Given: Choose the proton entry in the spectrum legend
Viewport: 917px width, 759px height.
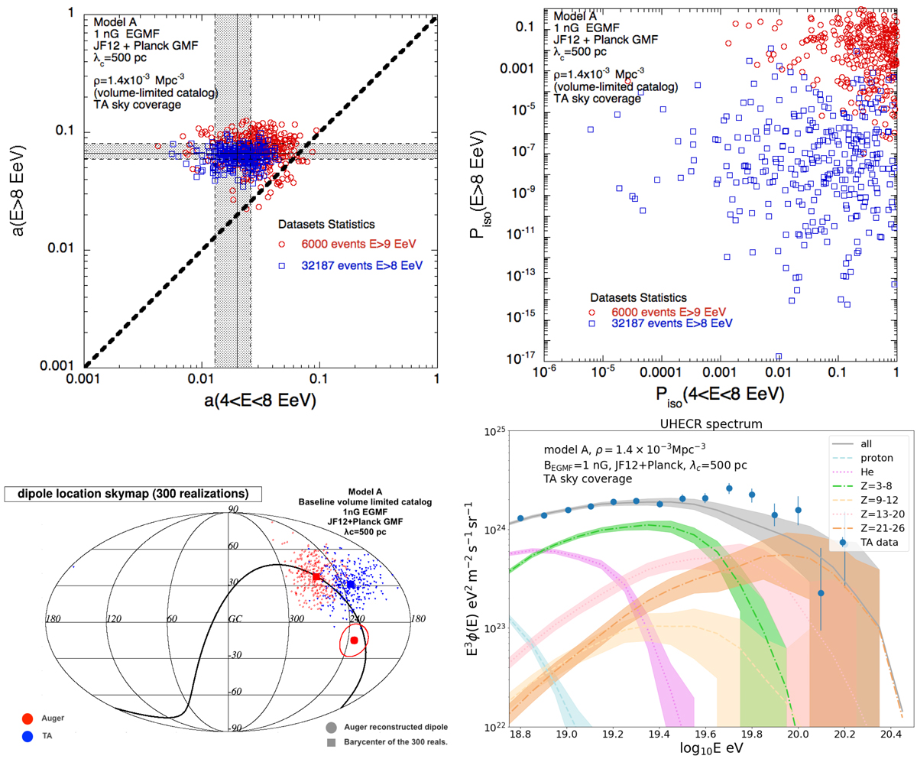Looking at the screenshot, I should tap(867, 458).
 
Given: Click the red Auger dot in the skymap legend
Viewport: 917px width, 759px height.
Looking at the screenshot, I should tap(28, 718).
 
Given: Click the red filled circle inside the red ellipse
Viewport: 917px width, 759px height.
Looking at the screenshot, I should tap(354, 640).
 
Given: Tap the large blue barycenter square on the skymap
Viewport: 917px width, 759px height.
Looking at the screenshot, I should tap(351, 585).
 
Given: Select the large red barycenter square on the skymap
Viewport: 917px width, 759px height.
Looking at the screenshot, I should tap(316, 576).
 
